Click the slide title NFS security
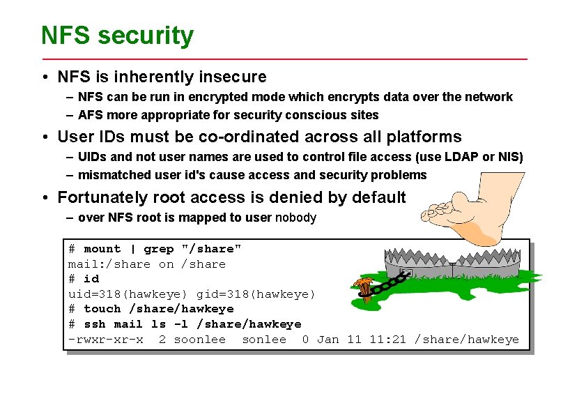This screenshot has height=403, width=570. click(117, 35)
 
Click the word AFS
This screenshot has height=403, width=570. click(91, 115)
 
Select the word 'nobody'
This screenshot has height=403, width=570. click(295, 218)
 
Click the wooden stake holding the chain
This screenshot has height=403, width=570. click(362, 289)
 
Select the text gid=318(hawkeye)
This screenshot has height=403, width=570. click(256, 294)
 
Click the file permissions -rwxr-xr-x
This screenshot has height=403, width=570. click(105, 340)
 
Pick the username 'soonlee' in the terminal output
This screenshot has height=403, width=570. click(199, 340)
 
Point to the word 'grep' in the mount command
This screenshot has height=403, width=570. click(158, 249)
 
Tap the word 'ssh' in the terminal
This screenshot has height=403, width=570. click(94, 324)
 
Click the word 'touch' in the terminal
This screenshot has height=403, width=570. click(102, 309)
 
